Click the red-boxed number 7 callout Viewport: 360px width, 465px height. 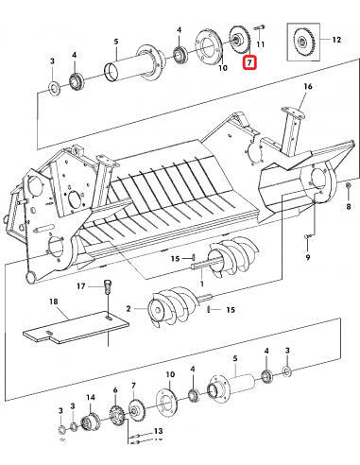coord(249,62)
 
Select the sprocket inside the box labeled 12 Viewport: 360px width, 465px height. coord(302,41)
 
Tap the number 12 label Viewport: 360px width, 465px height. coord(336,40)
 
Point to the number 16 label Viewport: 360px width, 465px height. coord(308,86)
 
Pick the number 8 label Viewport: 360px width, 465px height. coord(349,206)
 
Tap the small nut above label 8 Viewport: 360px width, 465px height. coord(349,185)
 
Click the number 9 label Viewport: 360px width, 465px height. coord(308,257)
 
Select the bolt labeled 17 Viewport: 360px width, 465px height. coord(107,286)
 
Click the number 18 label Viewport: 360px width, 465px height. coord(54,301)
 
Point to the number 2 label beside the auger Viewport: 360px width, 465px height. coord(129,309)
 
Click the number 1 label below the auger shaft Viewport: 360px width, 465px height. coord(201,284)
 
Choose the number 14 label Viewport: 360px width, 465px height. coord(91,397)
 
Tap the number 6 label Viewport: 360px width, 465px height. coord(115,390)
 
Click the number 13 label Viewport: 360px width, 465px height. coord(158,430)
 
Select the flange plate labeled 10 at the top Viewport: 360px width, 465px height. coord(209,47)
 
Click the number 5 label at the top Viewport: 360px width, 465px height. coord(116,41)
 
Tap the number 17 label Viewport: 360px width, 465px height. coord(81,286)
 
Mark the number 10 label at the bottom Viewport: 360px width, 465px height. coord(170,374)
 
